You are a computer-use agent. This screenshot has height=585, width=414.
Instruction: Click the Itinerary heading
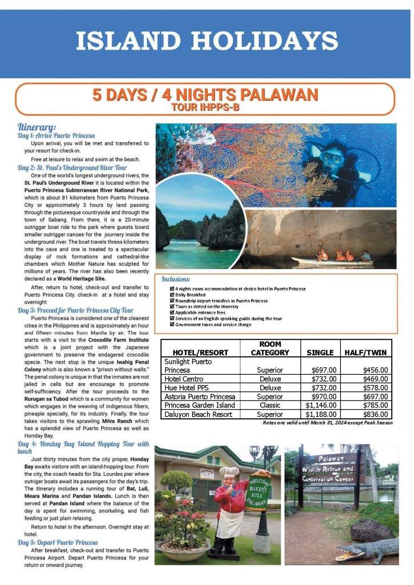tap(37, 127)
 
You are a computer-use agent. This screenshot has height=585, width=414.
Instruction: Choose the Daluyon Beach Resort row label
tap(198, 414)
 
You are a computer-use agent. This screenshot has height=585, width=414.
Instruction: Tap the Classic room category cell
tap(270, 406)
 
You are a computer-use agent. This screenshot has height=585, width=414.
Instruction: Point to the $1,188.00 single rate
tap(321, 414)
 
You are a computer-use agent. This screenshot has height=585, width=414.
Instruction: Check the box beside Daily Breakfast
tap(172, 295)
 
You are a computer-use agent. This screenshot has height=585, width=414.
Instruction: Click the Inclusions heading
tap(176, 279)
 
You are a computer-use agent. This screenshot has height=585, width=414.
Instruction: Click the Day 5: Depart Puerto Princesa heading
tap(57, 542)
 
